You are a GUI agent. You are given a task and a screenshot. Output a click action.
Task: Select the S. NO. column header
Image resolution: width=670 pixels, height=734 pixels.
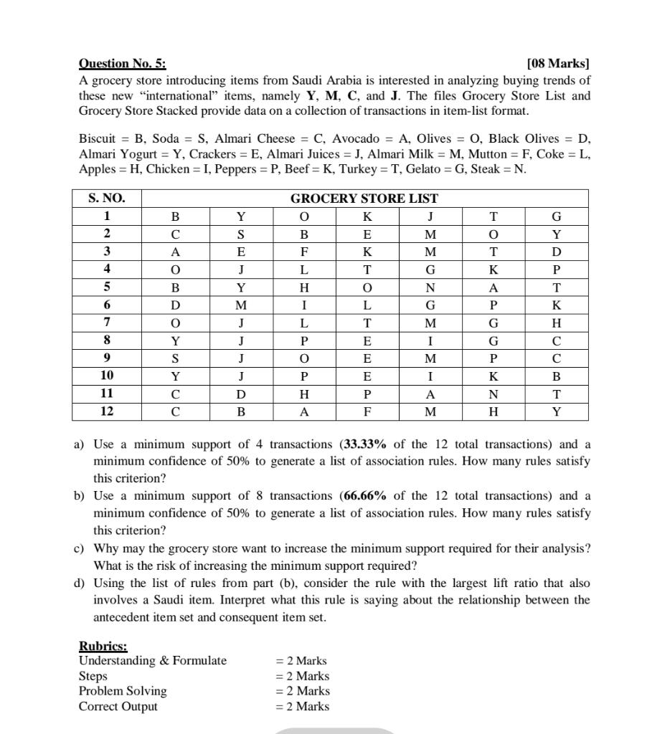(106, 199)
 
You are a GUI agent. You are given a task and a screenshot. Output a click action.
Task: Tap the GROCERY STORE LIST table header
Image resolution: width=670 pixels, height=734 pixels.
(364, 199)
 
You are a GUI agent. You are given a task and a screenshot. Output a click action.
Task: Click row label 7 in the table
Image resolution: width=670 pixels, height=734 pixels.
(106, 323)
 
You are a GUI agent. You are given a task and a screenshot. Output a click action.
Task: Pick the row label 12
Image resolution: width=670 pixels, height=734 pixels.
(106, 411)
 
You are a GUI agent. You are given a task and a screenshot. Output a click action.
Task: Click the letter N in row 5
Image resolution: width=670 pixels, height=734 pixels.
(430, 287)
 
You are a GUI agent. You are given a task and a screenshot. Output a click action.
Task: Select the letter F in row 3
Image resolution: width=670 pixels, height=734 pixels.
(304, 252)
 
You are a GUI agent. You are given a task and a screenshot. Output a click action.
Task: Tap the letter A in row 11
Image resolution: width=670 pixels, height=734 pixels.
(430, 394)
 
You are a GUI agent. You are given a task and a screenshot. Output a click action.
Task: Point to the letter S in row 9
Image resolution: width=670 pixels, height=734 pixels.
(175, 358)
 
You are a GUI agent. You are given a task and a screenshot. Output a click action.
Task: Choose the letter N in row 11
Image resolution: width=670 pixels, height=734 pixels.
(493, 394)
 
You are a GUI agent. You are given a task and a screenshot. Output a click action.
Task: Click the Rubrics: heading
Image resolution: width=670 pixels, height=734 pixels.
(103, 647)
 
